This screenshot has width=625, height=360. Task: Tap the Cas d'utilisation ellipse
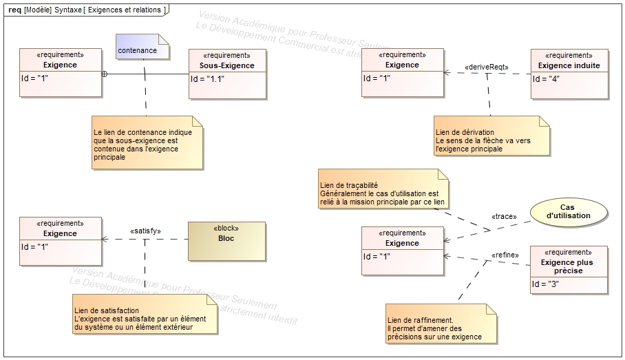(x=567, y=211)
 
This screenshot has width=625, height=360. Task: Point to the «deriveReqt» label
(x=486, y=67)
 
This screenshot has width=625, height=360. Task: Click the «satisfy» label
(x=145, y=231)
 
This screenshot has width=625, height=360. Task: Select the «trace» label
(x=504, y=216)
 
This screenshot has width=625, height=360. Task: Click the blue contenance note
(x=142, y=50)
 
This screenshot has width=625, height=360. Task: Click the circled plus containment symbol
(x=105, y=73)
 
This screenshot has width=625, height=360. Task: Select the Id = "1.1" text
(x=208, y=78)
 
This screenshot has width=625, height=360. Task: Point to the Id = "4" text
(x=546, y=78)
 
